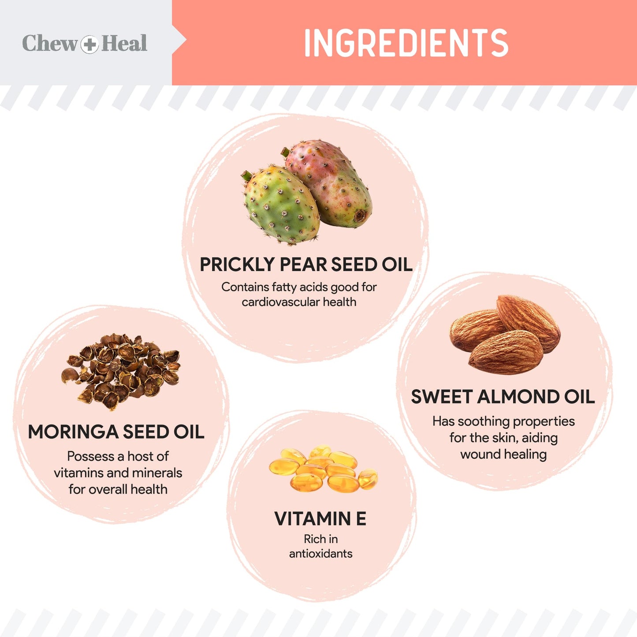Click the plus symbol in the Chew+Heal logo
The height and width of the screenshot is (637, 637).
(x=89, y=44)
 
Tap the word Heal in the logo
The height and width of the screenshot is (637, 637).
(x=124, y=43)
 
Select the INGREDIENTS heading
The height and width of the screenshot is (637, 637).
(x=406, y=43)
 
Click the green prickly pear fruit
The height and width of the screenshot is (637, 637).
(x=281, y=205)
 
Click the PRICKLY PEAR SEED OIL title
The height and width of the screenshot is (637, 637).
(x=306, y=264)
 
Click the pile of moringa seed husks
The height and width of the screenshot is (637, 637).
(x=121, y=372)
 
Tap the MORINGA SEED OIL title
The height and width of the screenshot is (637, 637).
(x=116, y=432)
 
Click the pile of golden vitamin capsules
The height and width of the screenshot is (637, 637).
(x=323, y=469)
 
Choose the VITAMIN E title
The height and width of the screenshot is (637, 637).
(x=320, y=518)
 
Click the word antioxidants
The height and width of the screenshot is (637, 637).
(x=320, y=553)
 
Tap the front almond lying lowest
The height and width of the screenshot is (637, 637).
(x=506, y=352)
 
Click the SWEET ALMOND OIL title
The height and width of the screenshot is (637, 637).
(x=503, y=396)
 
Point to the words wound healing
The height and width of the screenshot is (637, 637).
(x=503, y=454)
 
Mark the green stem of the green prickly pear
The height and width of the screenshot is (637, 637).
(x=247, y=175)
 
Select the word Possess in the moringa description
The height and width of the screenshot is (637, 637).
(x=91, y=456)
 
